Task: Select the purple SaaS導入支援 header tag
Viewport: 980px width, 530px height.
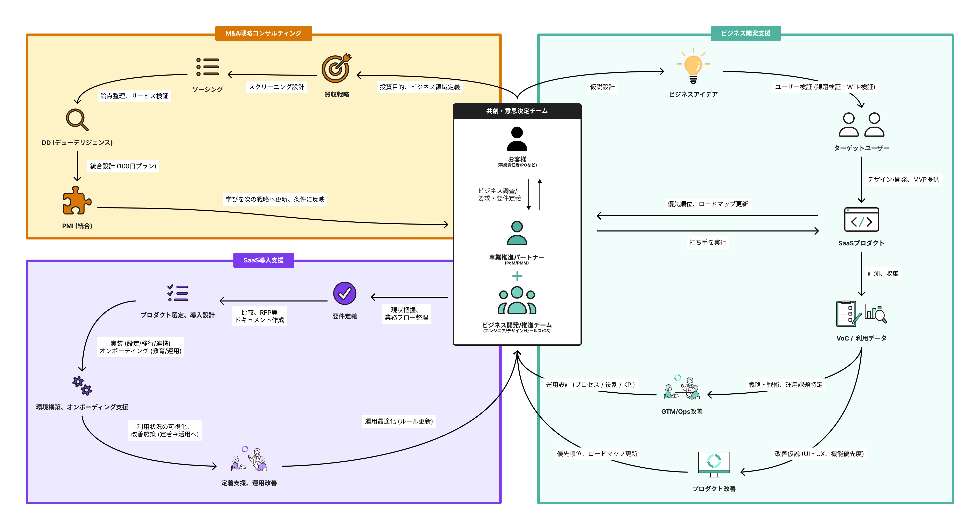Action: [x=263, y=260]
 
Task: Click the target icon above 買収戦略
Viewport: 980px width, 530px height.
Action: [x=336, y=68]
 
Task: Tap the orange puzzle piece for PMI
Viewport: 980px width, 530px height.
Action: [x=77, y=201]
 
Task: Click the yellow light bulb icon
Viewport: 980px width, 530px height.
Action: [x=693, y=67]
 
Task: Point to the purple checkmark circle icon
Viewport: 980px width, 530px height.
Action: [x=344, y=294]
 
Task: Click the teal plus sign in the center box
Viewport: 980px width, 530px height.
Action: [x=517, y=276]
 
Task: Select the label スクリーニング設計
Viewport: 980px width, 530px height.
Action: [x=276, y=87]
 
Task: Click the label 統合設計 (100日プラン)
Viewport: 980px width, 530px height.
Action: [x=123, y=166]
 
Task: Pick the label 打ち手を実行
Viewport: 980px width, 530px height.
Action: [x=708, y=242]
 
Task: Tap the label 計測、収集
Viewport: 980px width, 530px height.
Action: [x=883, y=273]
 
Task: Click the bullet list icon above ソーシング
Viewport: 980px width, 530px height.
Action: [x=207, y=67]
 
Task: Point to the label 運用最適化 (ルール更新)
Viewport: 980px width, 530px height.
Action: [x=399, y=421]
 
